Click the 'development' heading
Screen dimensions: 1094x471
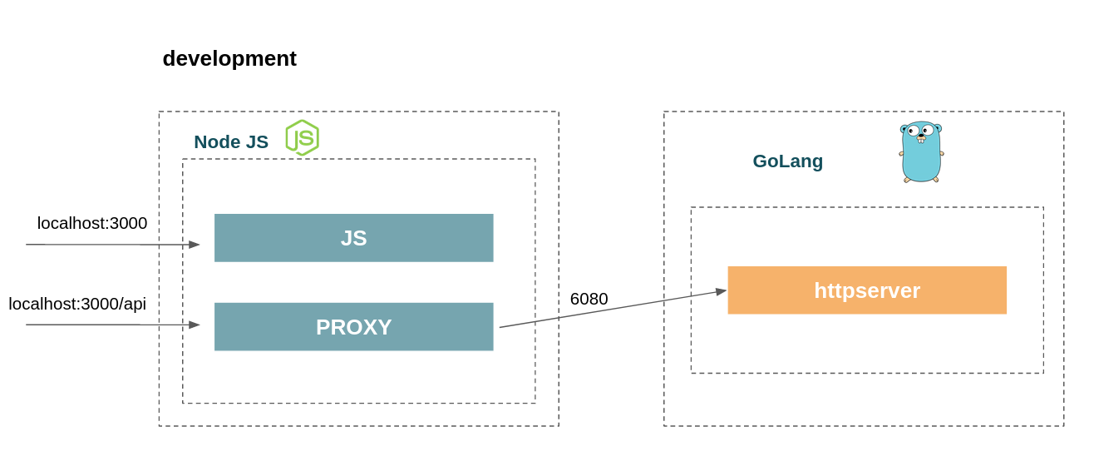pos(229,59)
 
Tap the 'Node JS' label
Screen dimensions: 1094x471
pos(231,141)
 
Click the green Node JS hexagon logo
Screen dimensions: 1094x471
pos(303,137)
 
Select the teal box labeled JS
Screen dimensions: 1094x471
pos(353,238)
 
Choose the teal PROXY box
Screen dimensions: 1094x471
pos(353,327)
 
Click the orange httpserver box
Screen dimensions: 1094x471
pos(867,290)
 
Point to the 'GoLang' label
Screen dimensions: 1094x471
pos(788,161)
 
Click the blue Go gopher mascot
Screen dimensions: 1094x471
pos(921,152)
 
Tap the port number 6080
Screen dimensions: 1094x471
pos(589,299)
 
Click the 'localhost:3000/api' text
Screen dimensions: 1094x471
pos(77,305)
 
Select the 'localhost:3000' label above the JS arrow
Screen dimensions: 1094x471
pos(91,223)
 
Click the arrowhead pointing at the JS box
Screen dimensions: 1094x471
pos(195,244)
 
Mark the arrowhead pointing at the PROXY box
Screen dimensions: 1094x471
pos(195,325)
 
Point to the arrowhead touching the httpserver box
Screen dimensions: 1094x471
pos(722,291)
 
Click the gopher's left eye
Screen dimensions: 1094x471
pos(912,131)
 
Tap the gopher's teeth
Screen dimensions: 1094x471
pos(921,141)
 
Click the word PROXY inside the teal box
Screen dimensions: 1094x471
pos(353,327)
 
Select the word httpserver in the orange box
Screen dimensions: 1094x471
pos(867,291)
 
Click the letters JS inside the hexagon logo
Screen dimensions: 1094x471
pos(303,138)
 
